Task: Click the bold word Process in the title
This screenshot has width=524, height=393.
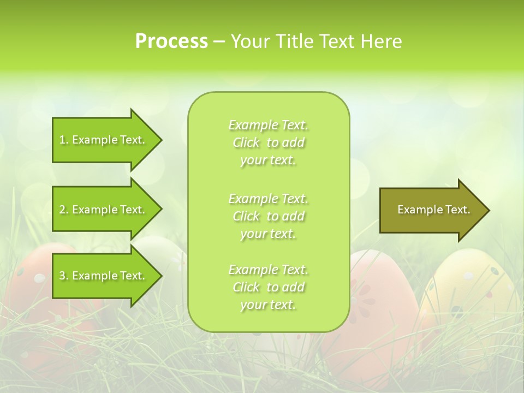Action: pos(171,41)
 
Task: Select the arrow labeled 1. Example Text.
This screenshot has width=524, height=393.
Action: pos(104,140)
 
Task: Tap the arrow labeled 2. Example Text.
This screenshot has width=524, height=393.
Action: pos(104,210)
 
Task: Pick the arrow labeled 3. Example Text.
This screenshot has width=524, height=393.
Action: pos(104,276)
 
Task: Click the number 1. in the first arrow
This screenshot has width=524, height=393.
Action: pos(64,140)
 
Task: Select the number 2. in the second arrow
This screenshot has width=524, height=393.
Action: pos(64,210)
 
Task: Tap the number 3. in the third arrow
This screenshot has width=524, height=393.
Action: pos(64,276)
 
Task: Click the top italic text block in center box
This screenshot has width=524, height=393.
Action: pos(268,142)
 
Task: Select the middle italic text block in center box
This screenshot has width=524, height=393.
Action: pos(268,216)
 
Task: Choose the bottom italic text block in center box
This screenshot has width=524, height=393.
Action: pos(268,287)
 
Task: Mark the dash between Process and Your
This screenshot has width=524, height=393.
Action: pos(219,42)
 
